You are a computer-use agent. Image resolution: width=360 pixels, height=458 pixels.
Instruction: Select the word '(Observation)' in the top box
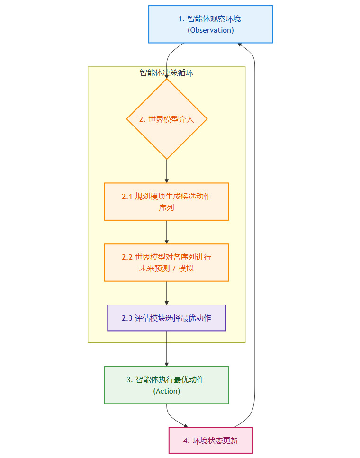210,30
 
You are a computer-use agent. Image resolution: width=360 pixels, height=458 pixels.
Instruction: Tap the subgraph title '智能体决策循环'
166,73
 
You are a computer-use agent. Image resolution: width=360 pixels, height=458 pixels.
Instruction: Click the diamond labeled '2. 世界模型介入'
167,119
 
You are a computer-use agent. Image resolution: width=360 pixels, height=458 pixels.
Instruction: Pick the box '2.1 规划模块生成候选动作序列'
166,202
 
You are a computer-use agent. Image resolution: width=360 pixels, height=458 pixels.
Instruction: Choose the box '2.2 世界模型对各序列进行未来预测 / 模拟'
166,262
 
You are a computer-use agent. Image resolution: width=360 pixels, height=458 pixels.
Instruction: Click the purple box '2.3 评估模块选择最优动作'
166,318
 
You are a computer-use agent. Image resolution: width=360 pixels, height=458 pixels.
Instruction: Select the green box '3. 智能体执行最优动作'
166,385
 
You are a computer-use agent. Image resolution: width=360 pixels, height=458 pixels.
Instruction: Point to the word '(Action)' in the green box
166,391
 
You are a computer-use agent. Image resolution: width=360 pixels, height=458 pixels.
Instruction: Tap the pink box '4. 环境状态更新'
210,440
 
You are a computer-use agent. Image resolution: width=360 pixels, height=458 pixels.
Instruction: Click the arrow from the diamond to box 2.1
167,171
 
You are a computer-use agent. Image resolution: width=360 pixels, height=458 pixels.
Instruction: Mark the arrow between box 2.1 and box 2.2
167,232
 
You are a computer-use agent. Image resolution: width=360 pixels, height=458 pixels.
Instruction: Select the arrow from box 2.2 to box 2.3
167,293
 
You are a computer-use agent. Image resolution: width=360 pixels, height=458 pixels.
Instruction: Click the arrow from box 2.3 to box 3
167,349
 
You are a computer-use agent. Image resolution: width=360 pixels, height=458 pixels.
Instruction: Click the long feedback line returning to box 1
254,237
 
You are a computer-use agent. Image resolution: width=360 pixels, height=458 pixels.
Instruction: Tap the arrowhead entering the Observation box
240,44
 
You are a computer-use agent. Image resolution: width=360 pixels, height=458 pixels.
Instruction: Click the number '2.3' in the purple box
127,318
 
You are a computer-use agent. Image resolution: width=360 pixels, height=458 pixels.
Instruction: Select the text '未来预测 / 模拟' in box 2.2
166,268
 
